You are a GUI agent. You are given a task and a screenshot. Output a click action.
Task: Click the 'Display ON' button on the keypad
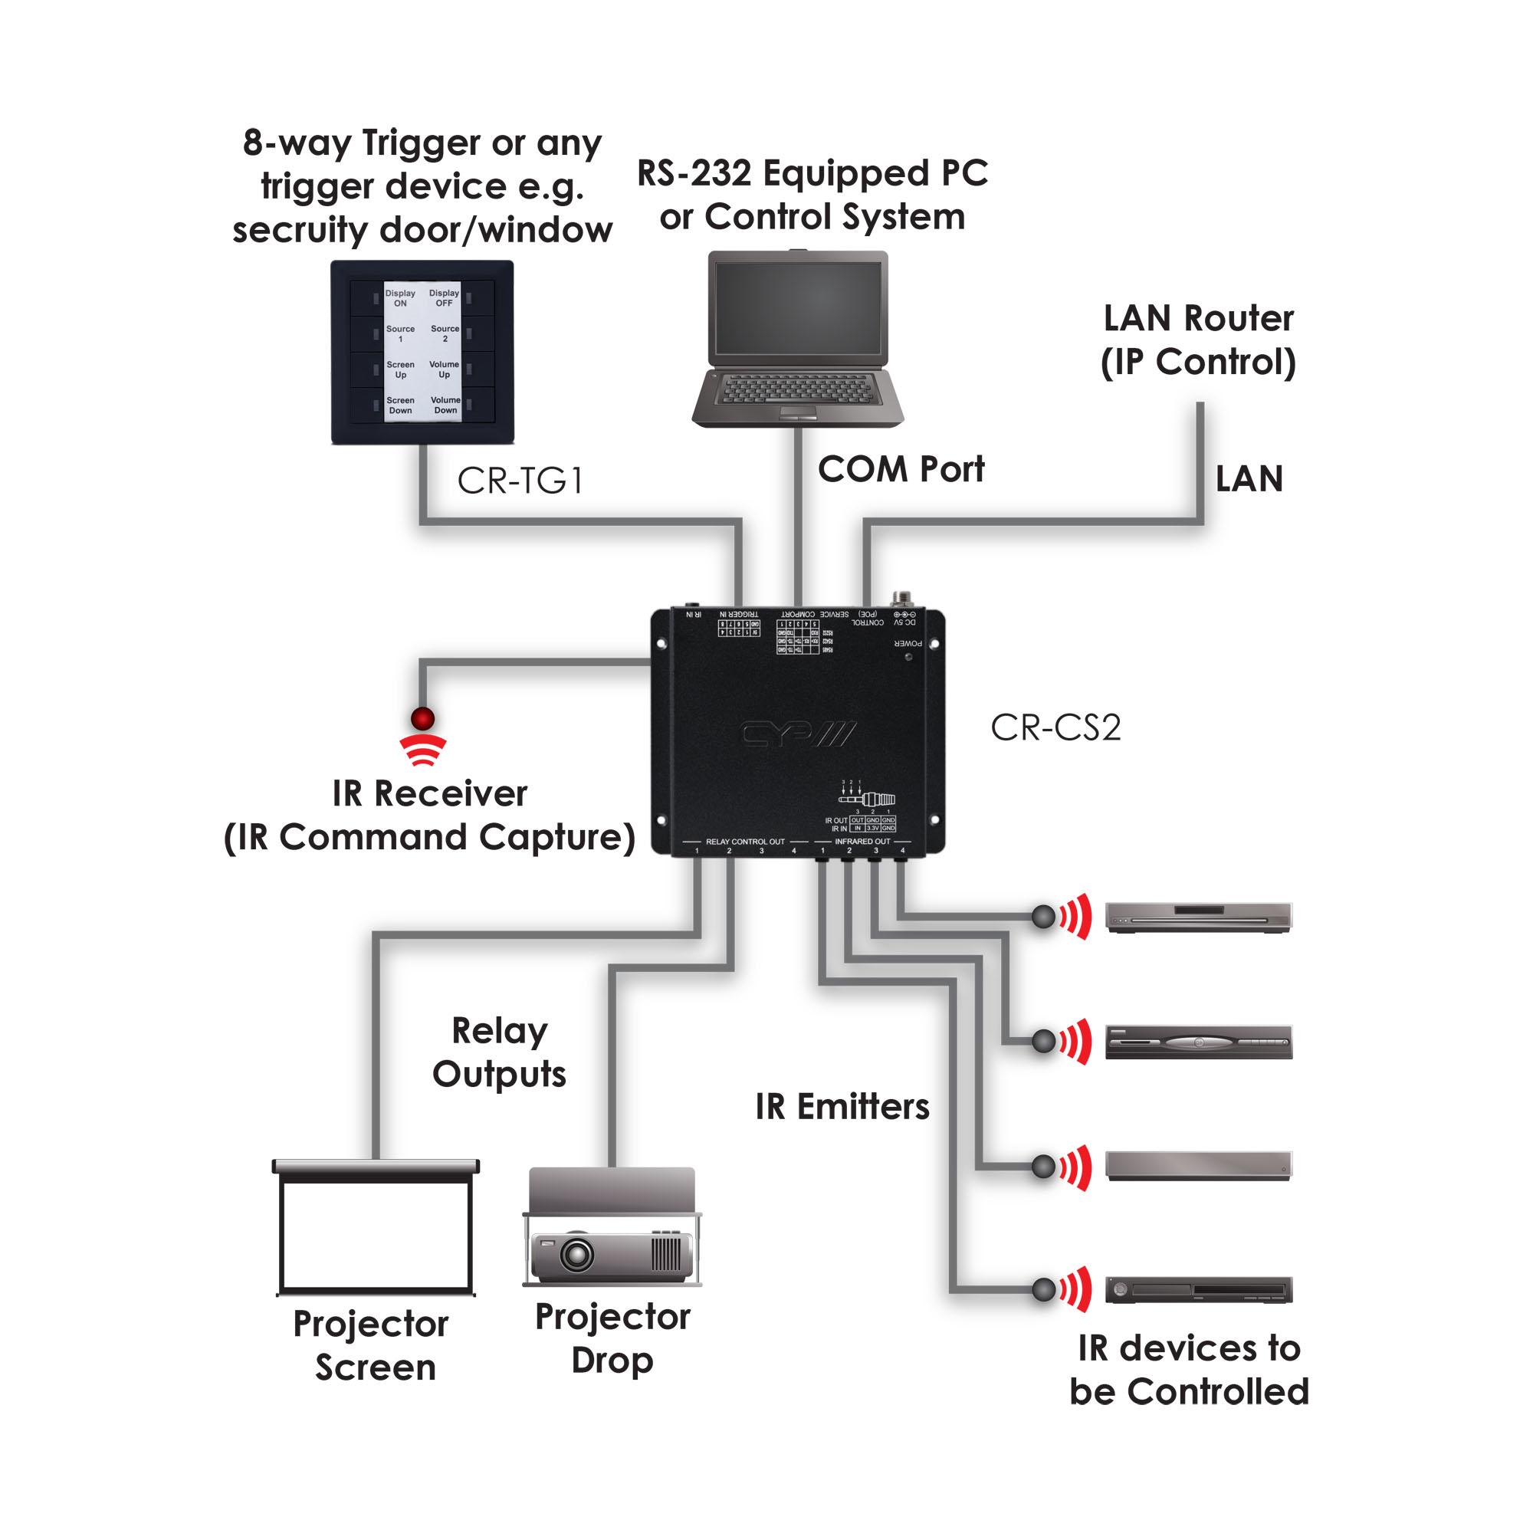tap(401, 297)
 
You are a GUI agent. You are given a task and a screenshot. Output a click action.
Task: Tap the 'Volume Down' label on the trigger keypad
tap(445, 405)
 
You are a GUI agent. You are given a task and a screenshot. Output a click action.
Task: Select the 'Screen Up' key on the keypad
tap(401, 369)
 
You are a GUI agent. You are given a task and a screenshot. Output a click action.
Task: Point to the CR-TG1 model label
tap(520, 480)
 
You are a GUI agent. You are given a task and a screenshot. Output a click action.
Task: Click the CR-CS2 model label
tap(1055, 727)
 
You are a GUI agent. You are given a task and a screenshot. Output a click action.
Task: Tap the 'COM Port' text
tap(901, 469)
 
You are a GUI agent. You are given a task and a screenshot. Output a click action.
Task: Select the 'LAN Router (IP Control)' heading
tap(1198, 340)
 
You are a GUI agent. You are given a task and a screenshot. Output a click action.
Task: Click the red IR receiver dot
tap(423, 719)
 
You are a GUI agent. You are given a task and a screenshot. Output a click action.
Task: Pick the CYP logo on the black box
tap(797, 734)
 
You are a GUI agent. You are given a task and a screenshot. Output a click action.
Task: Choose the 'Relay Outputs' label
tap(499, 1052)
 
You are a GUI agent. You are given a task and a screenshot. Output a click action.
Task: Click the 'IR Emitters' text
tap(842, 1107)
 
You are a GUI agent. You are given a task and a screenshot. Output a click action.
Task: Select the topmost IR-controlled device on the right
tap(1198, 917)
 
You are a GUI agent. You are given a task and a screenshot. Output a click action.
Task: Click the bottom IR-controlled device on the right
tap(1198, 1289)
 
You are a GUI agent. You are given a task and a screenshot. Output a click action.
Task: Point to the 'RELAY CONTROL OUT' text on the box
tap(745, 841)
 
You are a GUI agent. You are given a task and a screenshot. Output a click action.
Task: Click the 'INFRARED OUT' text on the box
tap(862, 841)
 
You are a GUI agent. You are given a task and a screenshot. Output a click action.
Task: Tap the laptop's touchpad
tap(797, 412)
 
